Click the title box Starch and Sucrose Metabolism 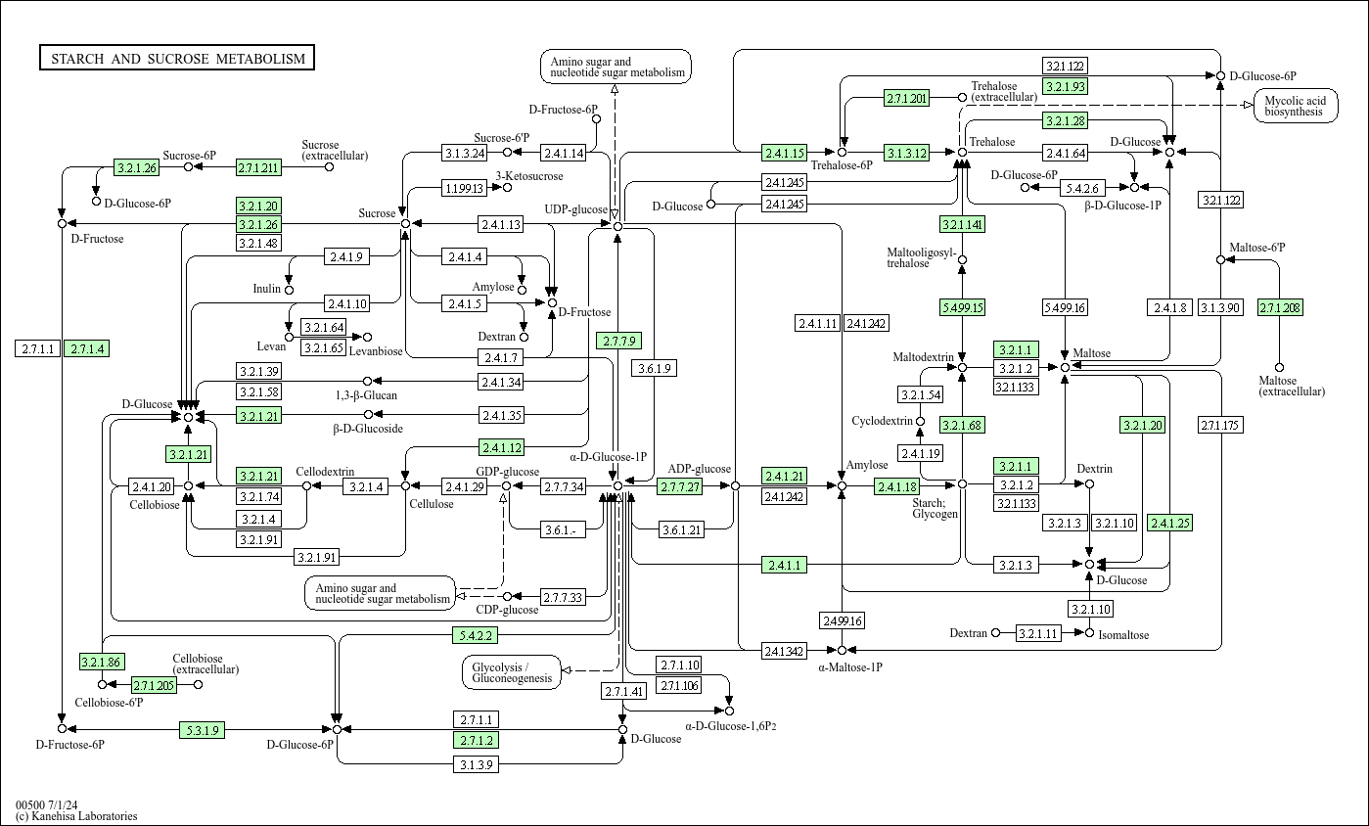(x=177, y=59)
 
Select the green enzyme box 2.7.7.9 (x=618, y=341)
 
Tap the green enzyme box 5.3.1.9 (x=202, y=729)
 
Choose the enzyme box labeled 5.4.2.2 (x=476, y=635)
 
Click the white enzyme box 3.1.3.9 (x=477, y=764)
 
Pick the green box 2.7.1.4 (x=86, y=349)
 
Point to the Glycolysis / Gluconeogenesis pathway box (x=512, y=671)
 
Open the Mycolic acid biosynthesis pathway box (x=1295, y=106)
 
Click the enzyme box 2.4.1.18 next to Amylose (x=896, y=486)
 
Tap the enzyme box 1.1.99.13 (x=466, y=188)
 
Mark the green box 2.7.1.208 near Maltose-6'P (x=1281, y=308)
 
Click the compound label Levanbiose (x=376, y=350)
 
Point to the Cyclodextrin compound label (x=882, y=421)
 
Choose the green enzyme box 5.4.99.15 (x=962, y=307)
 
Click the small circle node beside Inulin (x=289, y=290)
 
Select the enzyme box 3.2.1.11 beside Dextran (x=1038, y=633)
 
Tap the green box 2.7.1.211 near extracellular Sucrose (x=258, y=167)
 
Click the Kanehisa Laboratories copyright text (x=76, y=816)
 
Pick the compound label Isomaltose (x=1123, y=635)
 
